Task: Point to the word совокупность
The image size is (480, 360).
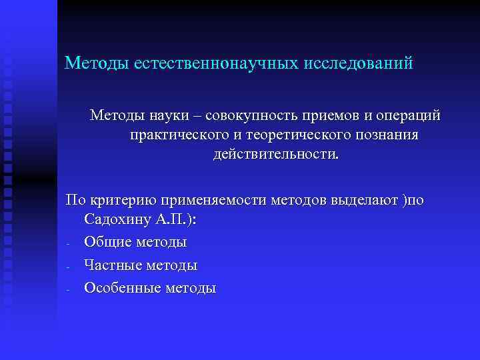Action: click(247, 116)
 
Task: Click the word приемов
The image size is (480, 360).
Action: click(326, 116)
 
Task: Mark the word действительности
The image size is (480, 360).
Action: click(275, 155)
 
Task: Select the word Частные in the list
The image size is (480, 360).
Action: click(111, 265)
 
